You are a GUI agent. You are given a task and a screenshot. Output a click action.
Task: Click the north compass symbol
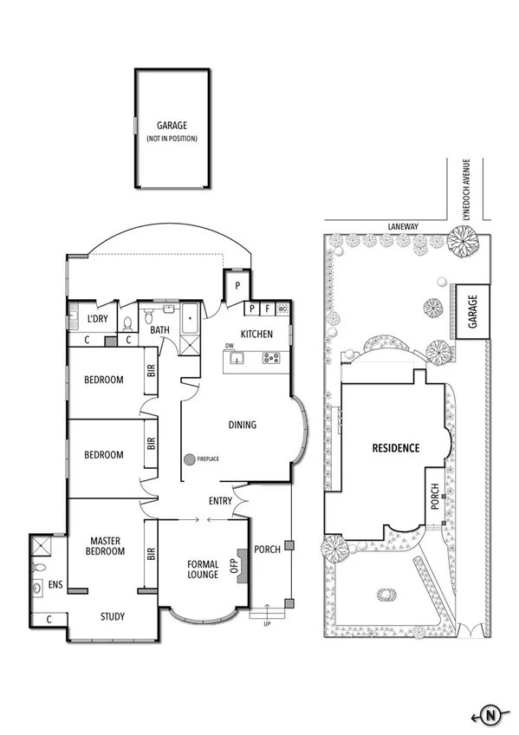click(490, 715)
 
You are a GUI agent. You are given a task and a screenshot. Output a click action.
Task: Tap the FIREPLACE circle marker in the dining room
click(187, 458)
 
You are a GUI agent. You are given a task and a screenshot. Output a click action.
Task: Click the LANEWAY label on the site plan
click(403, 226)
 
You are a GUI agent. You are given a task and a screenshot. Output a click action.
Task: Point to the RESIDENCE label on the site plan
click(395, 448)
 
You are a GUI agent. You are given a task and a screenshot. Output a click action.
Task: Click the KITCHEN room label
click(256, 334)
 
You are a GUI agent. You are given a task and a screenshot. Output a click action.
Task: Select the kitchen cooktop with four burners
click(271, 357)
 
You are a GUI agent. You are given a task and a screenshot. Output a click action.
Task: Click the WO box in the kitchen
click(283, 308)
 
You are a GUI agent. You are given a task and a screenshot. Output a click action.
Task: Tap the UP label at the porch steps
click(269, 623)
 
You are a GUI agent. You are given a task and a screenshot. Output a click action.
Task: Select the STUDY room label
click(112, 617)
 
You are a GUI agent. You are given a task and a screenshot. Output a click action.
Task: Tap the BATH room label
click(159, 330)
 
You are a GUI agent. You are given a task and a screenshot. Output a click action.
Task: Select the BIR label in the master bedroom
click(151, 553)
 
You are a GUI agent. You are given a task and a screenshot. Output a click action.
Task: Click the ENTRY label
click(220, 501)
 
